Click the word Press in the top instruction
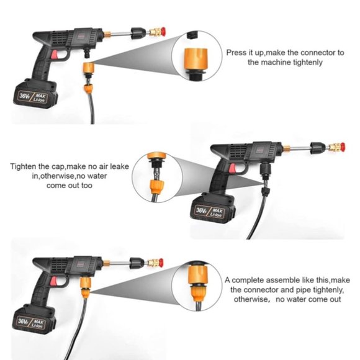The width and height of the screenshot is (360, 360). (x=237, y=53)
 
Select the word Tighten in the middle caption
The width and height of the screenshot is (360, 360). (x=25, y=166)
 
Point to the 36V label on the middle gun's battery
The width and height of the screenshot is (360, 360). (x=203, y=211)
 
